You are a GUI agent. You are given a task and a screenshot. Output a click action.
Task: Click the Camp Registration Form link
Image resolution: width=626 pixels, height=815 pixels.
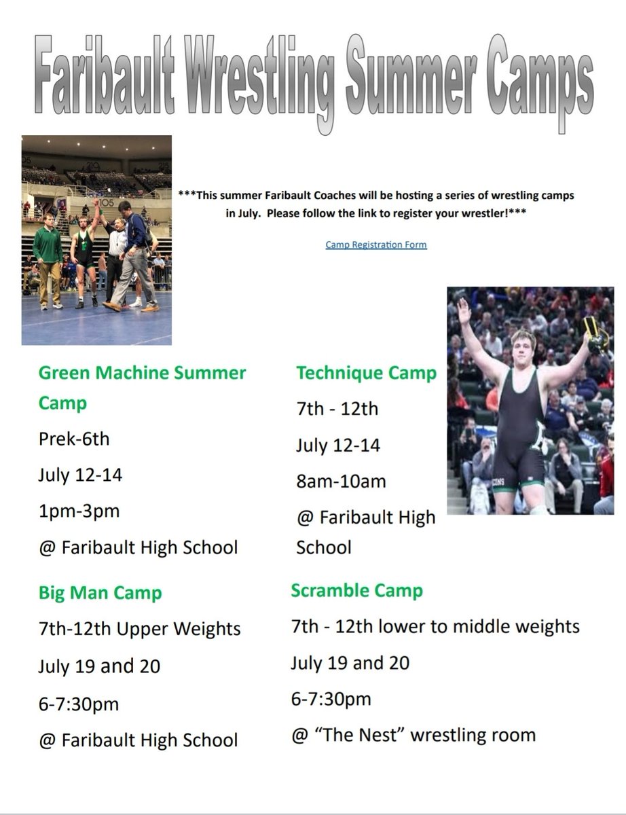click(x=375, y=244)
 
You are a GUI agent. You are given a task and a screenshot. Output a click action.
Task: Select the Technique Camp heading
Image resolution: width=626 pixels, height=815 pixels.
click(x=366, y=373)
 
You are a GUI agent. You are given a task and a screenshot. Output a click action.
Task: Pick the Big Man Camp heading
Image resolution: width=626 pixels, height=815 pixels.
click(x=100, y=593)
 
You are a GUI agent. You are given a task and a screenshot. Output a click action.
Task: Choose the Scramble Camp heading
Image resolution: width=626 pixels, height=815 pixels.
click(x=356, y=590)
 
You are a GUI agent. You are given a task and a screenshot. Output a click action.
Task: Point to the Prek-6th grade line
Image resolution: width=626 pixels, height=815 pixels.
click(x=73, y=439)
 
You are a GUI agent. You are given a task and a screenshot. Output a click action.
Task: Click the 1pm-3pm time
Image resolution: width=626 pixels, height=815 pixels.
click(x=78, y=511)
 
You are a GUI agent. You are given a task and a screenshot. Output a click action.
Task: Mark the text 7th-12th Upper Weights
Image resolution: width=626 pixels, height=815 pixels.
click(x=139, y=629)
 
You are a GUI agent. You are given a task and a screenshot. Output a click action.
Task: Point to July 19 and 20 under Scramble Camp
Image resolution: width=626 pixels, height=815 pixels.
click(x=350, y=662)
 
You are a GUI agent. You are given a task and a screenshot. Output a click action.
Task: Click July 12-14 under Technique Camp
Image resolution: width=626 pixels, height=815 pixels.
click(x=337, y=446)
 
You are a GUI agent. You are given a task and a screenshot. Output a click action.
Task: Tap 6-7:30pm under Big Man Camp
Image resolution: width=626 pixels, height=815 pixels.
click(x=78, y=704)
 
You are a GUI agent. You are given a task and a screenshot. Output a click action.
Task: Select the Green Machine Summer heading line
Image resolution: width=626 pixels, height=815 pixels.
click(x=142, y=373)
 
